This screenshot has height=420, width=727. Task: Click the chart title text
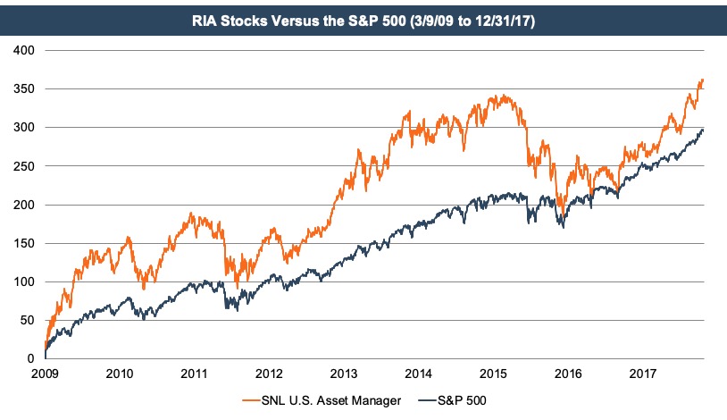click(x=363, y=17)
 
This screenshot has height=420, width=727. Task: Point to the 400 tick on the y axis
click(x=25, y=51)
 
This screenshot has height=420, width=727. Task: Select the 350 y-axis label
click(x=25, y=89)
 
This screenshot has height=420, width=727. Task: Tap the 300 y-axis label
click(x=25, y=128)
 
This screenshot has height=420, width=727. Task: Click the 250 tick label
click(x=25, y=166)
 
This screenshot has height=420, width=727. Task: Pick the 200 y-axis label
click(x=25, y=205)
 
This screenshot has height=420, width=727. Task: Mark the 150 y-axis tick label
click(x=25, y=243)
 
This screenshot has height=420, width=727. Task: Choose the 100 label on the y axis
click(x=25, y=281)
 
